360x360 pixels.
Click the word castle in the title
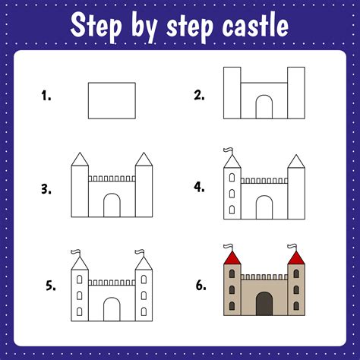(x=255, y=25)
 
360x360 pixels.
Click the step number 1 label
(x=46, y=96)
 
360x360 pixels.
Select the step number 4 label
(x=199, y=187)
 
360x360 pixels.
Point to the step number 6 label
(x=201, y=286)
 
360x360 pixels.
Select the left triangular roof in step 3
(x=80, y=159)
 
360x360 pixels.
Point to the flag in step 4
(x=228, y=151)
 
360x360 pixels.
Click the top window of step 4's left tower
(x=232, y=178)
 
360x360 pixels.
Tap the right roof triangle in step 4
(x=296, y=162)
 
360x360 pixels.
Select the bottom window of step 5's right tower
(x=144, y=311)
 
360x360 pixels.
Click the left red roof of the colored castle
(x=232, y=258)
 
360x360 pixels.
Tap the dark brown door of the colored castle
(x=264, y=304)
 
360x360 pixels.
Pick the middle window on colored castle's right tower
(x=296, y=290)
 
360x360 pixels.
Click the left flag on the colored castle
(x=228, y=247)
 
